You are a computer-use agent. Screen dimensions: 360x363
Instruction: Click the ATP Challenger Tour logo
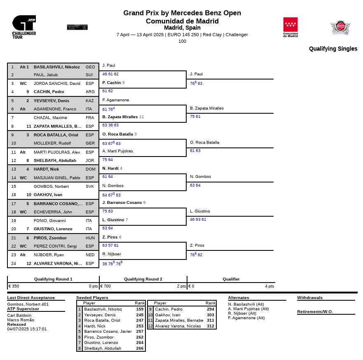[x=24, y=27]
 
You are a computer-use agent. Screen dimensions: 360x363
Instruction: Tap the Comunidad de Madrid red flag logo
[x=290, y=27]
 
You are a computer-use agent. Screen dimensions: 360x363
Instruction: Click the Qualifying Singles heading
[x=333, y=49]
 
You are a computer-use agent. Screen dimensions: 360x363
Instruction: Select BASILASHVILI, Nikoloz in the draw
[x=56, y=67]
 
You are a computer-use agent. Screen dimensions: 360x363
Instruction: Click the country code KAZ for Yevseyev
[x=90, y=101]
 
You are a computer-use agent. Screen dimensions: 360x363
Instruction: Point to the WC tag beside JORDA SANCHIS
[x=23, y=84]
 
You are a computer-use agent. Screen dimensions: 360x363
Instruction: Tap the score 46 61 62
[x=110, y=74]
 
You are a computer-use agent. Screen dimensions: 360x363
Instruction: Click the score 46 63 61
[x=198, y=220]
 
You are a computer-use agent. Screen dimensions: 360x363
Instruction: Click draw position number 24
[x=13, y=264]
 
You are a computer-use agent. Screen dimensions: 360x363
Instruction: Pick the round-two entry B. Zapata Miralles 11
[x=123, y=117]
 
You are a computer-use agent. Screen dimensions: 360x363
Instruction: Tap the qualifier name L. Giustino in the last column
[x=200, y=211]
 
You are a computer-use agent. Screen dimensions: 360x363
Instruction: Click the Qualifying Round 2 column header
[x=143, y=279]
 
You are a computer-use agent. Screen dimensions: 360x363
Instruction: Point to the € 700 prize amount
[x=106, y=286]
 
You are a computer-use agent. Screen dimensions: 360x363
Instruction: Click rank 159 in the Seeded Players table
[x=140, y=309]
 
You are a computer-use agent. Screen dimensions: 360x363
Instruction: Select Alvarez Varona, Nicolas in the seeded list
[x=178, y=326]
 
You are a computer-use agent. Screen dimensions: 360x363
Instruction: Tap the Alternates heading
[x=239, y=297]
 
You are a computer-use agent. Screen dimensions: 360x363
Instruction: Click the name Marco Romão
[x=21, y=320]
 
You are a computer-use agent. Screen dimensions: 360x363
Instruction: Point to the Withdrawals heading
[x=310, y=297]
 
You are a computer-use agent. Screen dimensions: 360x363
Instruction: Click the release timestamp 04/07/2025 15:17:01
[x=27, y=329]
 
